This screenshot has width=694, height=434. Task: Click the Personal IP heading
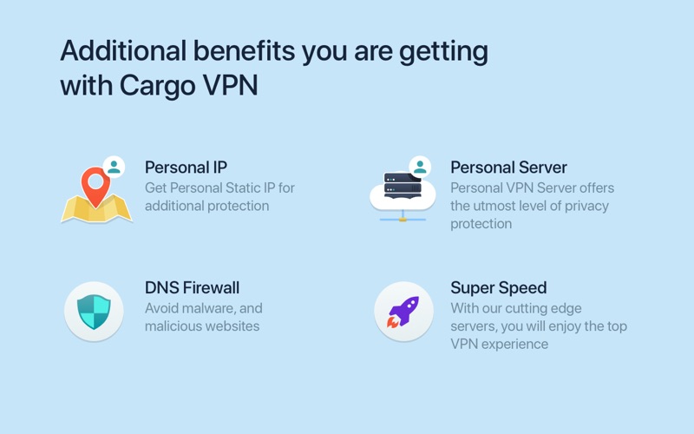click(186, 168)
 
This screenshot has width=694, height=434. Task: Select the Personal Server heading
click(508, 168)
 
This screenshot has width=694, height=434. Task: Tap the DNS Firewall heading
click(192, 288)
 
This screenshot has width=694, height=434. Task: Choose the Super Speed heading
click(498, 288)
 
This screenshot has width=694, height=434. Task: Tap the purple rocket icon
click(403, 312)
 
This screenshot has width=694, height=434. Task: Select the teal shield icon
click(94, 312)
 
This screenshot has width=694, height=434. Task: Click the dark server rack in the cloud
click(403, 185)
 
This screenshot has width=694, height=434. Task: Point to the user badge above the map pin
click(114, 167)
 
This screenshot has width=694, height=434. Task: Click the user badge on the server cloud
click(420, 167)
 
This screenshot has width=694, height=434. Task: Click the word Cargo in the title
click(157, 85)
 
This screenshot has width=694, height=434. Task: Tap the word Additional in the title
click(123, 50)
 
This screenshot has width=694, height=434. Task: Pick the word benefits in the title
click(244, 50)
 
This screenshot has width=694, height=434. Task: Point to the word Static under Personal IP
click(240, 188)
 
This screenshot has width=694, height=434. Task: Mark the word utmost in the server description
click(500, 207)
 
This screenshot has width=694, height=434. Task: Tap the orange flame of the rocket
click(393, 322)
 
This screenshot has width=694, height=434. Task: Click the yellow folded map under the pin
click(96, 208)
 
